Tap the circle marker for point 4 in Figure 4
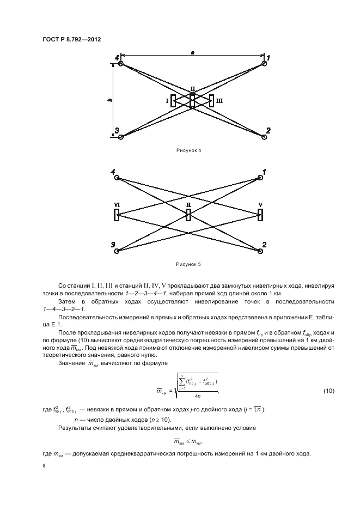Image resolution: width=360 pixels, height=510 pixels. (x=121, y=64)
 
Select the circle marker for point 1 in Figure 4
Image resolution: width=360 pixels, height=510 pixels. (x=264, y=64)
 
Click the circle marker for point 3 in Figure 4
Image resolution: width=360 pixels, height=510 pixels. (x=121, y=137)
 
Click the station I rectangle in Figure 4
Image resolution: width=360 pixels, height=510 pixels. (x=173, y=101)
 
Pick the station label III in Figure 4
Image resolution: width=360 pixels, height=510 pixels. (x=219, y=101)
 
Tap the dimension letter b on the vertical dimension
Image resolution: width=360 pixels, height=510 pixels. (x=110, y=100)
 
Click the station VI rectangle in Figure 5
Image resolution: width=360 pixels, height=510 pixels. (x=117, y=215)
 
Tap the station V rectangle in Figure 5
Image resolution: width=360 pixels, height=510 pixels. (x=261, y=215)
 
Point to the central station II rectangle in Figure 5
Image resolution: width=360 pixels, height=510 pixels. (x=188, y=215)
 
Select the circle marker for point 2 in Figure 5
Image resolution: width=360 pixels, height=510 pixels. (x=261, y=251)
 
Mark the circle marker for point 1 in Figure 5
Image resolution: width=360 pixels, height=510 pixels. (x=261, y=178)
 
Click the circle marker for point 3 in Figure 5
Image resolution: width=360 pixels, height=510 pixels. (x=117, y=251)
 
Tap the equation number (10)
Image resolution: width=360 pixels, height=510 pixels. (x=329, y=391)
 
